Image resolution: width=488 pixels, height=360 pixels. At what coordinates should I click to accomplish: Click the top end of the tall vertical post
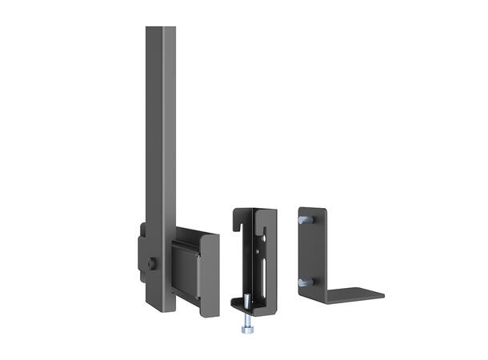point(160,30)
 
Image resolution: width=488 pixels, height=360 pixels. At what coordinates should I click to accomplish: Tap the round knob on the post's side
point(151,263)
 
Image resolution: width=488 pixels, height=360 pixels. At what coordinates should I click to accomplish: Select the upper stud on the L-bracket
point(302,218)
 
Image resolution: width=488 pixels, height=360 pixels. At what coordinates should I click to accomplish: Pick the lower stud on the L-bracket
point(302,282)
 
